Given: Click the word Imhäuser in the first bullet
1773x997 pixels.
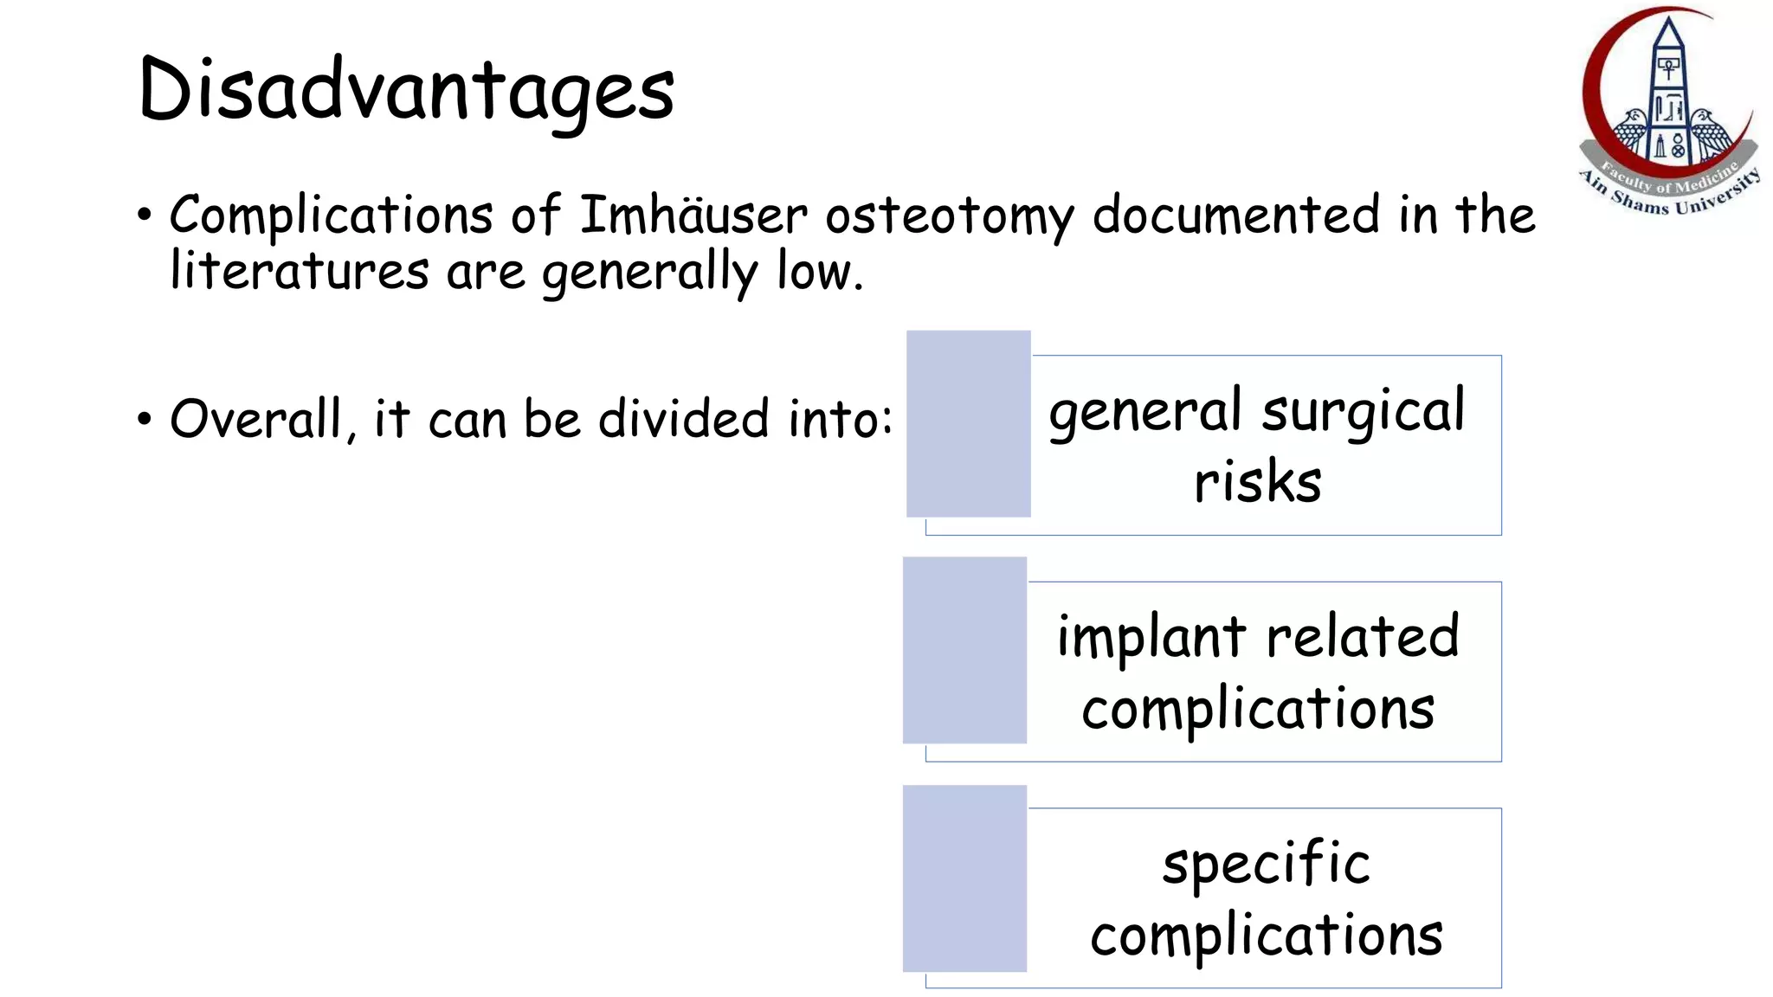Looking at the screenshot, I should (x=693, y=215).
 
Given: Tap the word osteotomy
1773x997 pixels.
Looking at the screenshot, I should (x=950, y=216).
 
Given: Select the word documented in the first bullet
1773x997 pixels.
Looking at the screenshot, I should (x=1235, y=215).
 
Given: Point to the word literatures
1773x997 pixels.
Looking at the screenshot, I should (x=299, y=271).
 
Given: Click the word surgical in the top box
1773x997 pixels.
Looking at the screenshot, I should (x=1364, y=412).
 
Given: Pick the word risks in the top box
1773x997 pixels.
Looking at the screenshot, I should (x=1257, y=482).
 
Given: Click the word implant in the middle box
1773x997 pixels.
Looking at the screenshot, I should (x=1151, y=639).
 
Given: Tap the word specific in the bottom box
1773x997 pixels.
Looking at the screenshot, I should (x=1266, y=865).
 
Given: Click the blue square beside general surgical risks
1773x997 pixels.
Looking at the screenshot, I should (x=968, y=424).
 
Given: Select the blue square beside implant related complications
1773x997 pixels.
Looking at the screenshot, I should (x=964, y=650).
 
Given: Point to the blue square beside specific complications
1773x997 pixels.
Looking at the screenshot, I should (x=964, y=878).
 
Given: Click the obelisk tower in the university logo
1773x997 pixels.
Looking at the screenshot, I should (x=1667, y=87).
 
